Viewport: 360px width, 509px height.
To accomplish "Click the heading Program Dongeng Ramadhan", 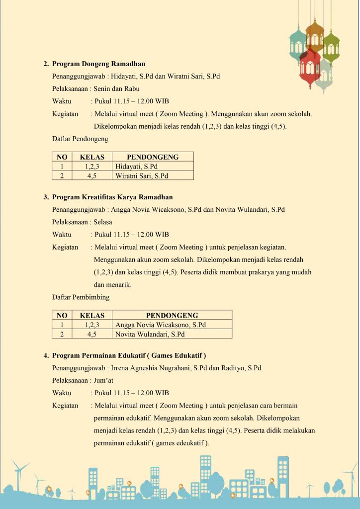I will click(x=98, y=64).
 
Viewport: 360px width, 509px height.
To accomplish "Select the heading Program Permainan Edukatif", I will click(x=129, y=355).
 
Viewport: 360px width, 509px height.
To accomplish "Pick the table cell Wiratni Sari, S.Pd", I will click(x=142, y=175).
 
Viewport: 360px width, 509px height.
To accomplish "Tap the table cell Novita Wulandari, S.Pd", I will click(x=150, y=334).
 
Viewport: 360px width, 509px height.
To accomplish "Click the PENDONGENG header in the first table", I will click(x=152, y=157).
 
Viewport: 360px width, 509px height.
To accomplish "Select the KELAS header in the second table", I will click(x=92, y=315).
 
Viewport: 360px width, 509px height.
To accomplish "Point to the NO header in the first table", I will click(x=62, y=157).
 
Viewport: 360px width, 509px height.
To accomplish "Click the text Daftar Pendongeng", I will click(x=80, y=139).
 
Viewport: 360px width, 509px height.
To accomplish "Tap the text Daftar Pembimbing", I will click(x=81, y=297).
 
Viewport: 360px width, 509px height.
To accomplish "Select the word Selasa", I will click(x=103, y=222).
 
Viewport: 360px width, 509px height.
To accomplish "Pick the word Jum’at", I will click(x=103, y=380).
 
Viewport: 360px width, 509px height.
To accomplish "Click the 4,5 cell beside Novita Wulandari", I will click(x=92, y=334).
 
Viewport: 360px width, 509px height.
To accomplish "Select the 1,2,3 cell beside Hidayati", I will click(x=92, y=167).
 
